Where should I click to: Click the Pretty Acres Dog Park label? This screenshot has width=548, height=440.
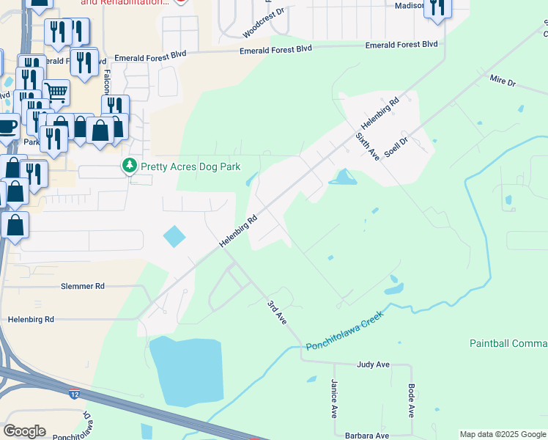click(x=190, y=167)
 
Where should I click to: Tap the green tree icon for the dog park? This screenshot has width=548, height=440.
click(x=130, y=166)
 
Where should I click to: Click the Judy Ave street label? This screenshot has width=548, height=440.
click(x=373, y=364)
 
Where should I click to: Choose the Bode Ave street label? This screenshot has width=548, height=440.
click(x=412, y=399)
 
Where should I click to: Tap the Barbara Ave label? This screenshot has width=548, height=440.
click(x=367, y=435)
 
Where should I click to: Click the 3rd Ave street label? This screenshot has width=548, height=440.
click(x=275, y=312)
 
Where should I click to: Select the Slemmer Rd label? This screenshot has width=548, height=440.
click(x=83, y=285)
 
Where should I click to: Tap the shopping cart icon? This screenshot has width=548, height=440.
click(x=56, y=93)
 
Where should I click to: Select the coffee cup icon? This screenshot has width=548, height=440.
click(x=7, y=126)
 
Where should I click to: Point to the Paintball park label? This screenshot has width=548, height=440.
click(x=508, y=343)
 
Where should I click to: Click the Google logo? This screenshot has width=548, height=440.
click(x=25, y=431)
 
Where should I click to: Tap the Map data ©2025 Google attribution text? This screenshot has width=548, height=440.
click(x=503, y=434)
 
